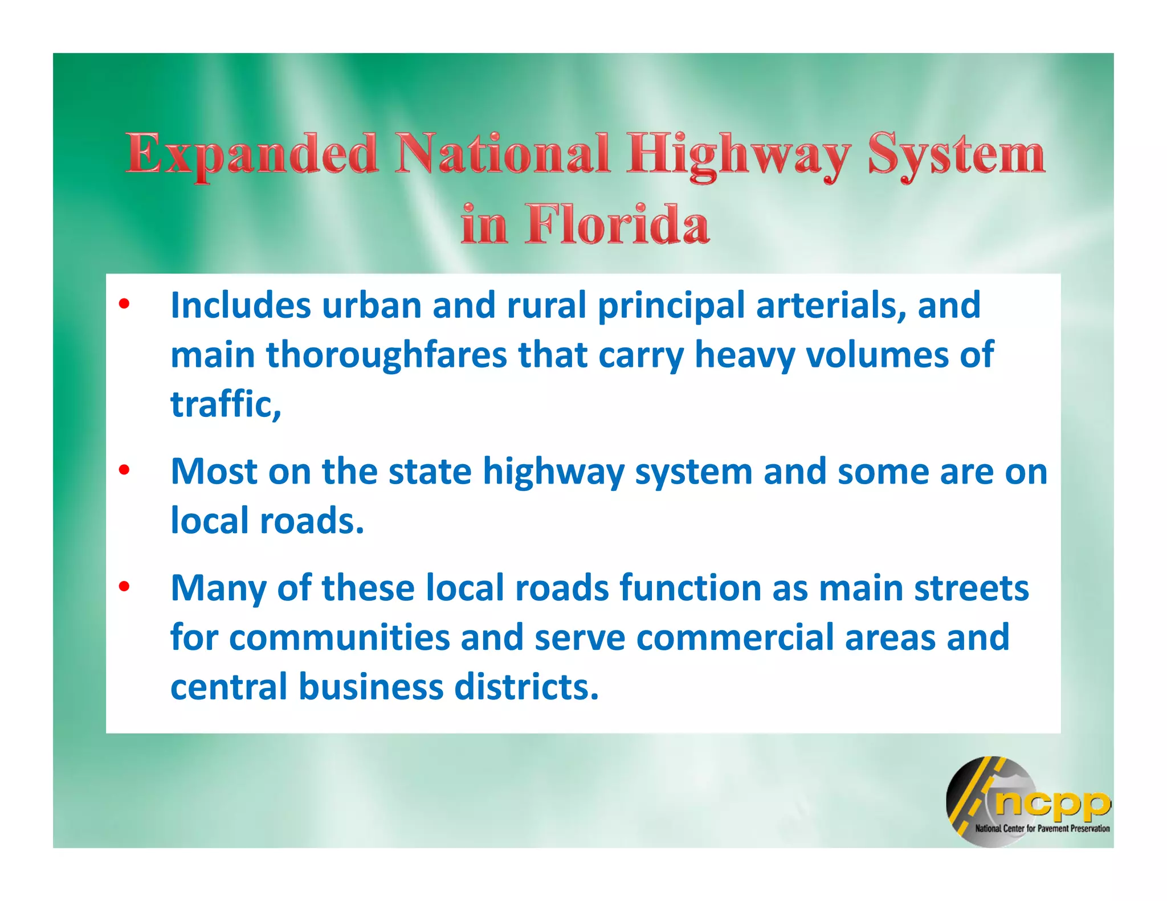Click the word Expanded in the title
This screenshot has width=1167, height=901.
coord(252,155)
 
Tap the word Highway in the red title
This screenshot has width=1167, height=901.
coord(739,155)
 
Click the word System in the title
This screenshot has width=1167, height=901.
coord(957,155)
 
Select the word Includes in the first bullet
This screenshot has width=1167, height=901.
coord(240,306)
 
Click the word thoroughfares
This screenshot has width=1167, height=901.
coord(386,355)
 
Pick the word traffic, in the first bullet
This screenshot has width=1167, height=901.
coord(226,404)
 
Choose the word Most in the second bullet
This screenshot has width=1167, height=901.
coord(214,472)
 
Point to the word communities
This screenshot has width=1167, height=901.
coord(340,637)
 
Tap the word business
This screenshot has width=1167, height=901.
coord(371,687)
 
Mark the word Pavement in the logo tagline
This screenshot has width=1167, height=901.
coord(1053,829)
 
